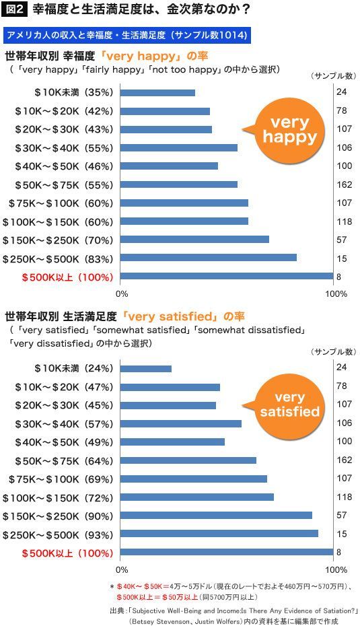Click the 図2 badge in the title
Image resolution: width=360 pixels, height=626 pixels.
tap(14, 9)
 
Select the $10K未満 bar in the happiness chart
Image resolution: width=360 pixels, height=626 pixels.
tap(157, 93)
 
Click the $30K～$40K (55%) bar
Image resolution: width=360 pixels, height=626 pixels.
tap(179, 147)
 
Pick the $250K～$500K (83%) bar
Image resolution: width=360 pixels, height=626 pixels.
tap(209, 258)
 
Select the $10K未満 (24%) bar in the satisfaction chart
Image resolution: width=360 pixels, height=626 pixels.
tap(145, 368)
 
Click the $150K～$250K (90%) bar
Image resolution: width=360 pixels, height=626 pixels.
tap(216, 516)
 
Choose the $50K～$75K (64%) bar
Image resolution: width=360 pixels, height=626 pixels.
tap(188, 460)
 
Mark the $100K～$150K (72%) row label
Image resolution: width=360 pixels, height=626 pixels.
tap(58, 498)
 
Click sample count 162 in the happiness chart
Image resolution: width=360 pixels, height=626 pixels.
tap(344, 185)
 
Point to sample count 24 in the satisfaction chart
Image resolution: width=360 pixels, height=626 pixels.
tap(342, 368)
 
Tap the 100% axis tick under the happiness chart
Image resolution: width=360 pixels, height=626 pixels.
tap(337, 294)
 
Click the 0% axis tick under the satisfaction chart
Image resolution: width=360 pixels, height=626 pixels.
tap(122, 569)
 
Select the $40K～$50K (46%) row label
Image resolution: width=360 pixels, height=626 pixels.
tap(64, 166)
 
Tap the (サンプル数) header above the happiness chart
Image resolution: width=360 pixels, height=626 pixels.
tap(333, 76)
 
